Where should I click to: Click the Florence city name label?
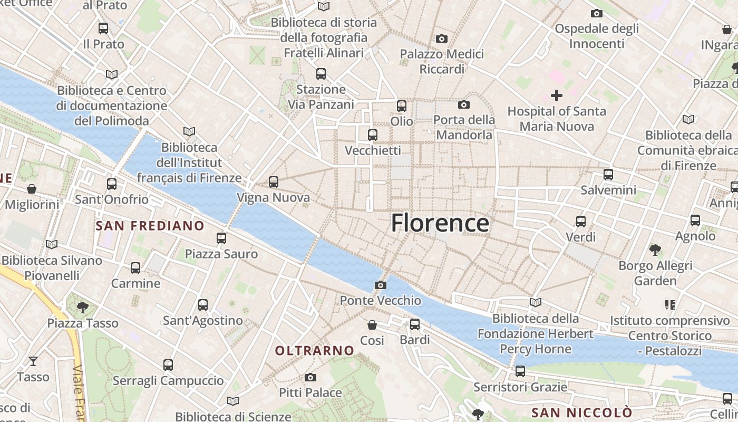440,223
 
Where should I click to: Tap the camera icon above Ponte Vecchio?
380,285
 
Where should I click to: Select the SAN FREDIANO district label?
150,226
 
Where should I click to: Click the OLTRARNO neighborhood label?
315,351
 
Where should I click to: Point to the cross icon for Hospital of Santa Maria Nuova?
557,95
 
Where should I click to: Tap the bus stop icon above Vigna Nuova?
273,182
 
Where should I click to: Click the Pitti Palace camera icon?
310,378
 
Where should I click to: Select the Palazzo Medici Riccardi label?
442,62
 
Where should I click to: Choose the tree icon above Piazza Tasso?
82,307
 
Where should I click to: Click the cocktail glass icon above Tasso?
33,361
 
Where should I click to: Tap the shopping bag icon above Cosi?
372,325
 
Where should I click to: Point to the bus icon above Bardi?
415,324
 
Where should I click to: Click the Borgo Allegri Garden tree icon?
655,250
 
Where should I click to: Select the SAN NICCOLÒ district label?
581,413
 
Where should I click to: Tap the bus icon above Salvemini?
608,175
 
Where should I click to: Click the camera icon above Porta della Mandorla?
464,105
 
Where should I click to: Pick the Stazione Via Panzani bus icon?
321,74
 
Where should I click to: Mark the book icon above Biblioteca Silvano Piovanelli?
51,245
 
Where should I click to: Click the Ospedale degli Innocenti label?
597,36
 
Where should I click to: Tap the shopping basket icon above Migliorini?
32,189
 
